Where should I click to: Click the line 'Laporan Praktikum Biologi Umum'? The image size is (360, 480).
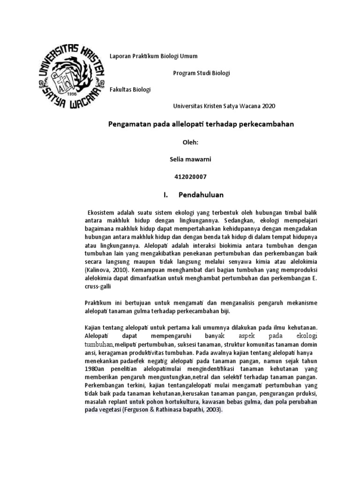[x=153, y=56]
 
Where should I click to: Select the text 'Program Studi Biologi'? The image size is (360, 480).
[x=202, y=73]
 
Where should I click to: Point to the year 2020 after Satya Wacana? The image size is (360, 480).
[x=270, y=106]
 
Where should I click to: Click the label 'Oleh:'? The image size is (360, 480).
[x=190, y=142]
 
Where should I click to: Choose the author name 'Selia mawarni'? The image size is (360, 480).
[x=190, y=159]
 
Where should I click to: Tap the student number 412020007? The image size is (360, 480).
[x=190, y=177]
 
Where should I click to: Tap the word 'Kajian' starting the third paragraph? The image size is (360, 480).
[x=94, y=328]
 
